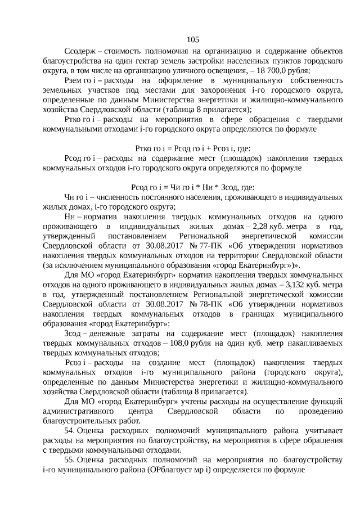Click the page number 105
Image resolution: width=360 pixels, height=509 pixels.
pyautogui.click(x=192, y=39)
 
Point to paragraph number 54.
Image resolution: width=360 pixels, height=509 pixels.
pyautogui.click(x=70, y=430)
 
